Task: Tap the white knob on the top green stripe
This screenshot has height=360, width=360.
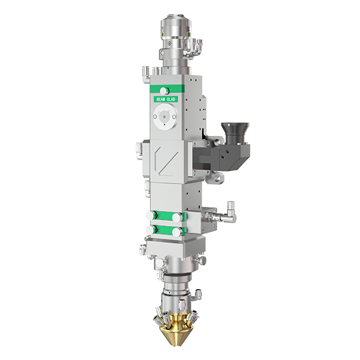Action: (164, 91)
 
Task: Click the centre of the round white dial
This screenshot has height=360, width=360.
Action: (164, 117)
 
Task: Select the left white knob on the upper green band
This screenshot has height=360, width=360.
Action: (151, 215)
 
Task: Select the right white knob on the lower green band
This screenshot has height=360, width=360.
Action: (176, 232)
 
